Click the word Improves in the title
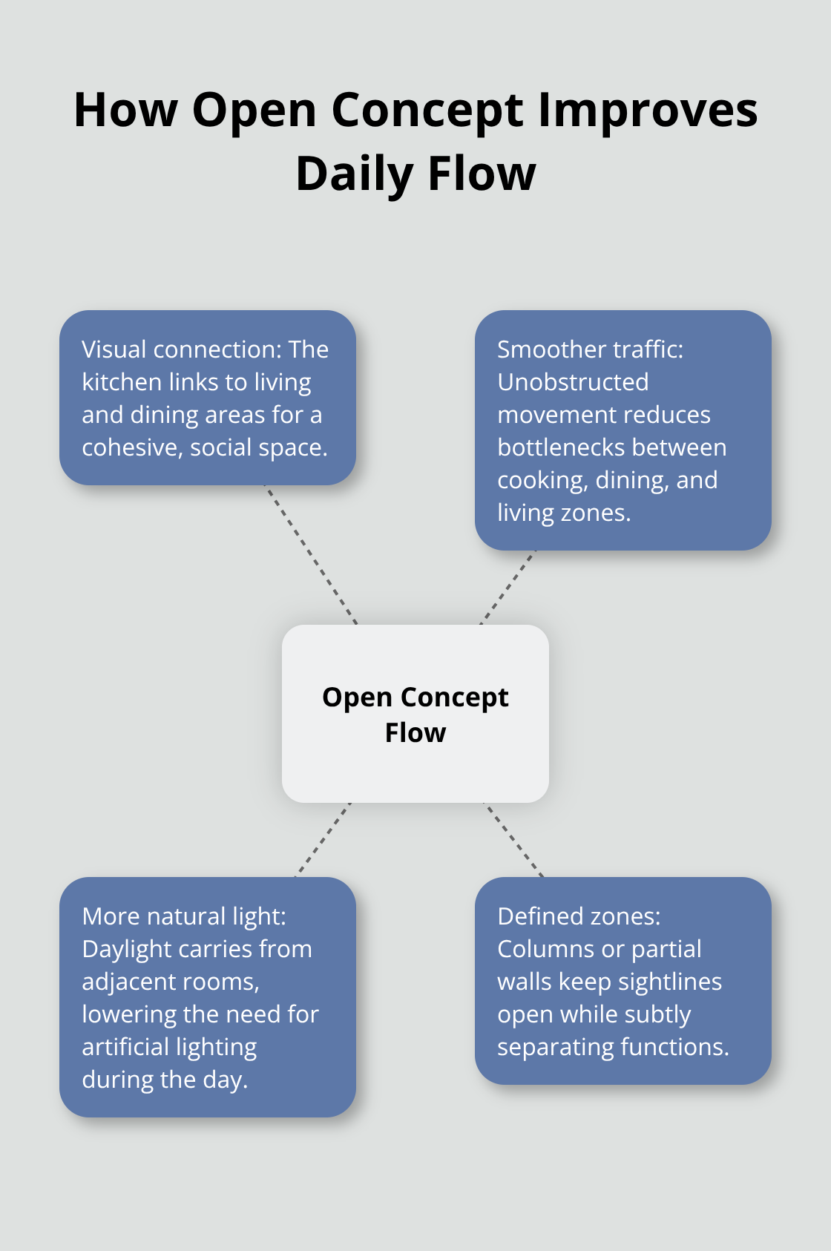647,111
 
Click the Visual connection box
208,398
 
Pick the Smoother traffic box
623,430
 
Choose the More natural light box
208,997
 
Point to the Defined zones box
623,981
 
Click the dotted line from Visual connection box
312,555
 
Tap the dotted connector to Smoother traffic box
508,587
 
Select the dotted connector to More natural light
323,840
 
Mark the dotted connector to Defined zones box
514,840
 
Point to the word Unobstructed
573,382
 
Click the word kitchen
122,382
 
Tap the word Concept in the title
428,111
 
